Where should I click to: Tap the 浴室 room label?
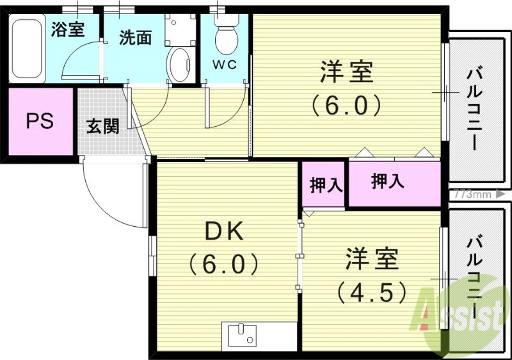tap(68, 29)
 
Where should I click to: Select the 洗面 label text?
tap(136, 38)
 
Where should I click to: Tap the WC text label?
tap(225, 65)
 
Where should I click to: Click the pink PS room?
tap(40, 121)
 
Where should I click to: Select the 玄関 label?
tap(102, 126)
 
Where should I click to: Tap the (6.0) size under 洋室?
tap(346, 104)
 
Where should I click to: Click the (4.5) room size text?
tap(372, 291)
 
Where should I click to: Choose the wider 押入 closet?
tap(388, 181)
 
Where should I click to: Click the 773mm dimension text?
tap(474, 193)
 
